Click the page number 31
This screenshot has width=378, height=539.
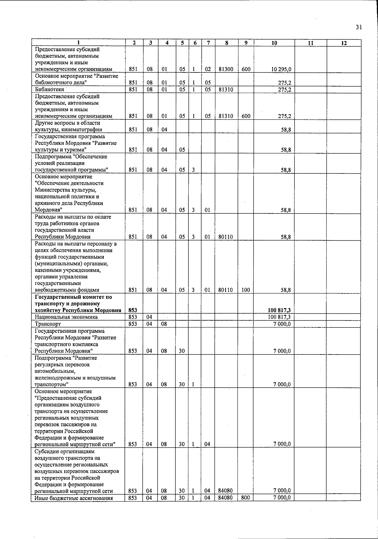[358, 27]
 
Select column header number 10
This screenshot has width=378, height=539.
[274, 43]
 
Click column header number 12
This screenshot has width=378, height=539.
[344, 43]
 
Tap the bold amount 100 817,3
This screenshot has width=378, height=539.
[279, 311]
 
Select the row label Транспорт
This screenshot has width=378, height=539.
[48, 324]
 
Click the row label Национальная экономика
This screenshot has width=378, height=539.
[66, 317]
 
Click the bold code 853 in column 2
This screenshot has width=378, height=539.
[133, 311]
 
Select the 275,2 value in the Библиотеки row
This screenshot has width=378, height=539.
[284, 89]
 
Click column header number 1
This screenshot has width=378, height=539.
[78, 43]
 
